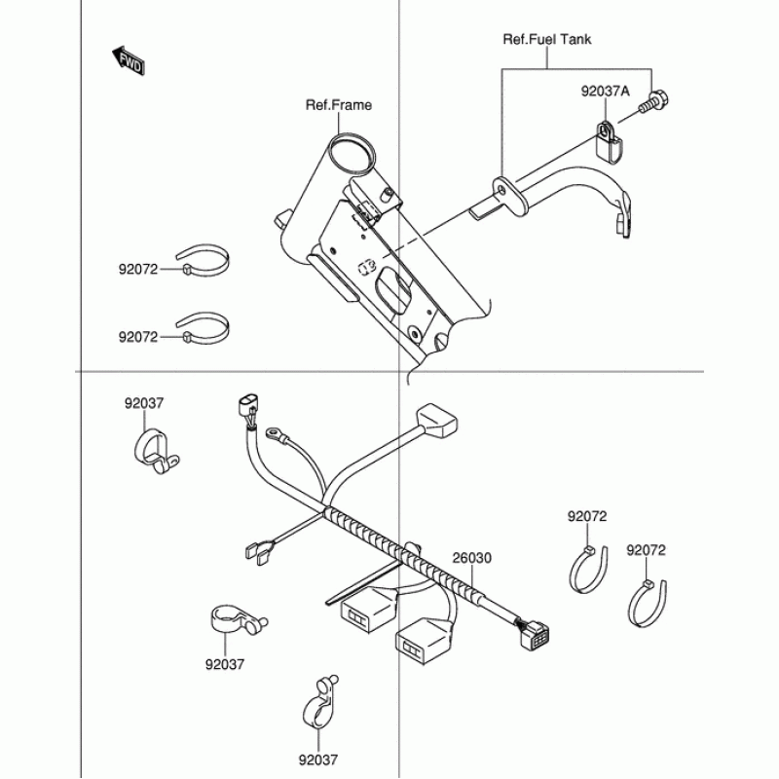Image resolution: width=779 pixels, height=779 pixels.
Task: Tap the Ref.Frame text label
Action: pos(339,105)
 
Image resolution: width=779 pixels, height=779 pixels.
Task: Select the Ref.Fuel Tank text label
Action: pos(546,40)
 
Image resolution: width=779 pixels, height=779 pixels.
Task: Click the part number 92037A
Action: pos(606,92)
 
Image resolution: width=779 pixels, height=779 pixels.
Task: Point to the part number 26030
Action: pos(471,559)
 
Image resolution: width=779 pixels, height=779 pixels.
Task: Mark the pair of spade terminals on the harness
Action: pos(257,552)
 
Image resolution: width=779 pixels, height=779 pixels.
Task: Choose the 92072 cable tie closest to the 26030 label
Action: pos(588,569)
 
